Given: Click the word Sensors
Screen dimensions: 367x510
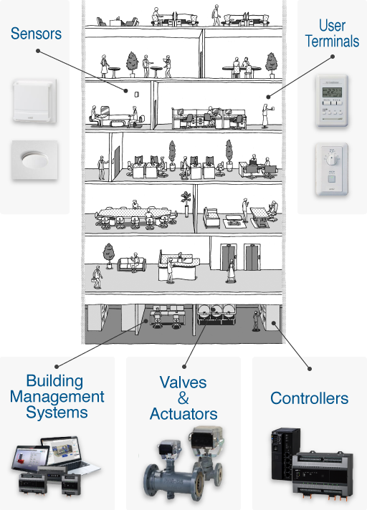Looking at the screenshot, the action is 36,34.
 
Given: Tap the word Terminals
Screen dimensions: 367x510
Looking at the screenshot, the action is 332,42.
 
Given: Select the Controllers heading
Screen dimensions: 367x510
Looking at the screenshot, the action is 310,398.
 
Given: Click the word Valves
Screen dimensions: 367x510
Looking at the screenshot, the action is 183,382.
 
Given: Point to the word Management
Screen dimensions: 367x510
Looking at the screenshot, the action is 57,397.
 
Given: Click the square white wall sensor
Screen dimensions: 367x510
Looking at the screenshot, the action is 35,101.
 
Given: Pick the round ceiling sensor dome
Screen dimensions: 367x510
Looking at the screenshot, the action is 34,160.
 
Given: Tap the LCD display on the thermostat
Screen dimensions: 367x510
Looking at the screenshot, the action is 332,92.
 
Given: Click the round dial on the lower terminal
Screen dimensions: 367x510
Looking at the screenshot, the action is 331,159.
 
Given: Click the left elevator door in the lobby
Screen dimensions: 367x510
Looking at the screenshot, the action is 228,257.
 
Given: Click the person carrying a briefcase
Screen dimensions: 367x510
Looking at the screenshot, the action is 97,277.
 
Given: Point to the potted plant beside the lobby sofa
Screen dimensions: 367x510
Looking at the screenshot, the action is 109,256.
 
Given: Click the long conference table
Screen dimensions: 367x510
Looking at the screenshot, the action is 134,213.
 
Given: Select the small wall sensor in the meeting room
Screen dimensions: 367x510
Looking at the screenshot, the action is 137,94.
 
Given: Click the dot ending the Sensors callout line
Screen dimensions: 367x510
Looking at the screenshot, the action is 125,91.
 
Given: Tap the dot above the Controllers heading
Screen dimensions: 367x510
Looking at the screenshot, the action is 310,368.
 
